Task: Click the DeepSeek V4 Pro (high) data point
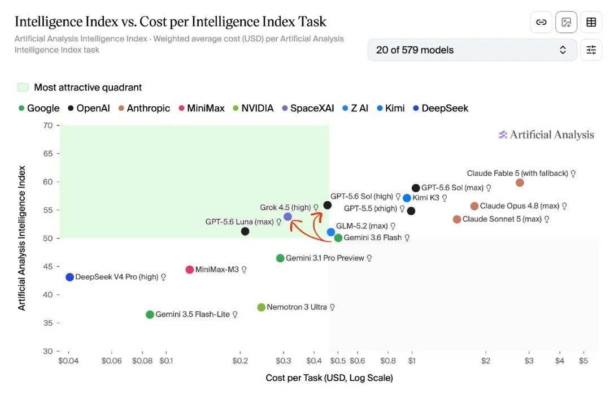[69, 277]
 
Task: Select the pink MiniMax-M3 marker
[189, 270]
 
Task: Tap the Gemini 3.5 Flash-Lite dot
[150, 315]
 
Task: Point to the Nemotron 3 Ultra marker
[261, 307]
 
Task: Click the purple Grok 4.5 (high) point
[287, 217]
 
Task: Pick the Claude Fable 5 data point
[520, 183]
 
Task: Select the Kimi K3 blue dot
[407, 198]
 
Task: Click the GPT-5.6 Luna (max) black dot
[245, 231]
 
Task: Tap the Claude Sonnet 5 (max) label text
[502, 219]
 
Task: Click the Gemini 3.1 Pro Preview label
[325, 258]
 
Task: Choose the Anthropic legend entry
[145, 108]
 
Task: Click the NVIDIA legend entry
[253, 108]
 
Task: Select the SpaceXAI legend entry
[308, 108]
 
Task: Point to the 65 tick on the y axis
[48, 154]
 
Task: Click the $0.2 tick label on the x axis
[240, 361]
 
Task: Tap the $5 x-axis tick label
[583, 361]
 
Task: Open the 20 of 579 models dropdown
[472, 50]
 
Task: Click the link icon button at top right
[541, 22]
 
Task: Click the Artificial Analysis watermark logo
[546, 135]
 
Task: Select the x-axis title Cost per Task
[329, 378]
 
